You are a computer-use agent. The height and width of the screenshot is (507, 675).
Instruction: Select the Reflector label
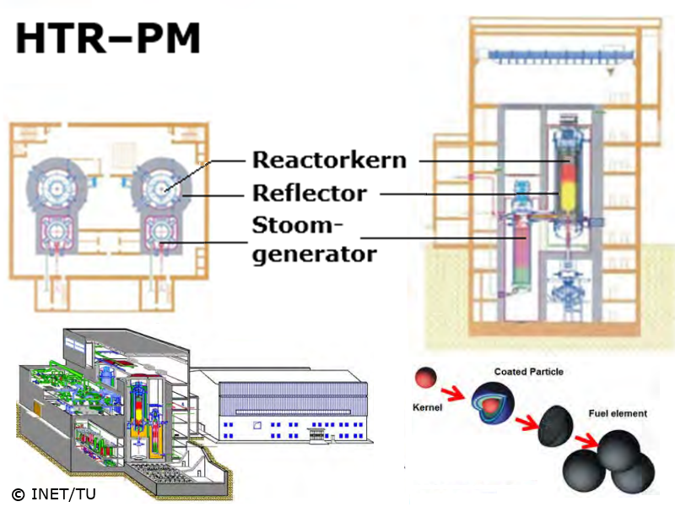(x=310, y=194)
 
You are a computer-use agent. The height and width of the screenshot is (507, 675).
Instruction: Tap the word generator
(x=314, y=253)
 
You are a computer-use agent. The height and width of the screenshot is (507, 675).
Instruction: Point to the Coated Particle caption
(x=529, y=372)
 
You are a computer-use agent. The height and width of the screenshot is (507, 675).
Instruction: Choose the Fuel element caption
(x=618, y=414)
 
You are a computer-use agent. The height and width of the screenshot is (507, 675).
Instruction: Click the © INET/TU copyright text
(x=53, y=493)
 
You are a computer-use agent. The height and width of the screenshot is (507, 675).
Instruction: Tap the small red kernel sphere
(x=425, y=376)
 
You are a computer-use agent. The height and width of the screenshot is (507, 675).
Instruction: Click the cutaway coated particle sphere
(x=494, y=401)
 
